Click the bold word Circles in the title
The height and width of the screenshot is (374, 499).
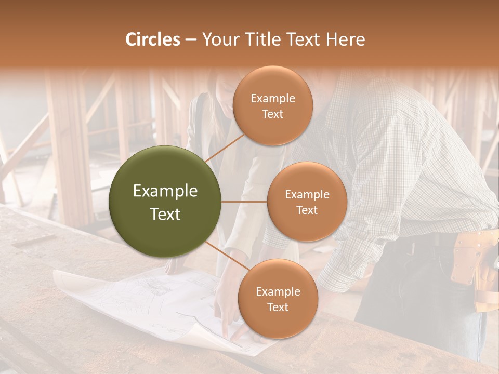point(153,39)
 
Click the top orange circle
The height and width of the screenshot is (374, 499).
point(272,106)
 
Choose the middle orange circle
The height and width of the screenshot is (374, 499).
point(307,202)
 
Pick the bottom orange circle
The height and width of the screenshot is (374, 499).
point(278,299)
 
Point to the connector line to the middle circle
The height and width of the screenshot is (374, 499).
point(244,202)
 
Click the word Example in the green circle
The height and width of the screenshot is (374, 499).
point(165,191)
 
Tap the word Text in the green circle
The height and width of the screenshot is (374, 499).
point(165,214)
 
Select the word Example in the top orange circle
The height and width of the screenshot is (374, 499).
point(272,99)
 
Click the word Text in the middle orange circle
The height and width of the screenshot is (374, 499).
point(307,210)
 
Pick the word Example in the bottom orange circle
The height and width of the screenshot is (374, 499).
point(278,291)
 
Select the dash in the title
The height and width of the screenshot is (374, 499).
point(191,39)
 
